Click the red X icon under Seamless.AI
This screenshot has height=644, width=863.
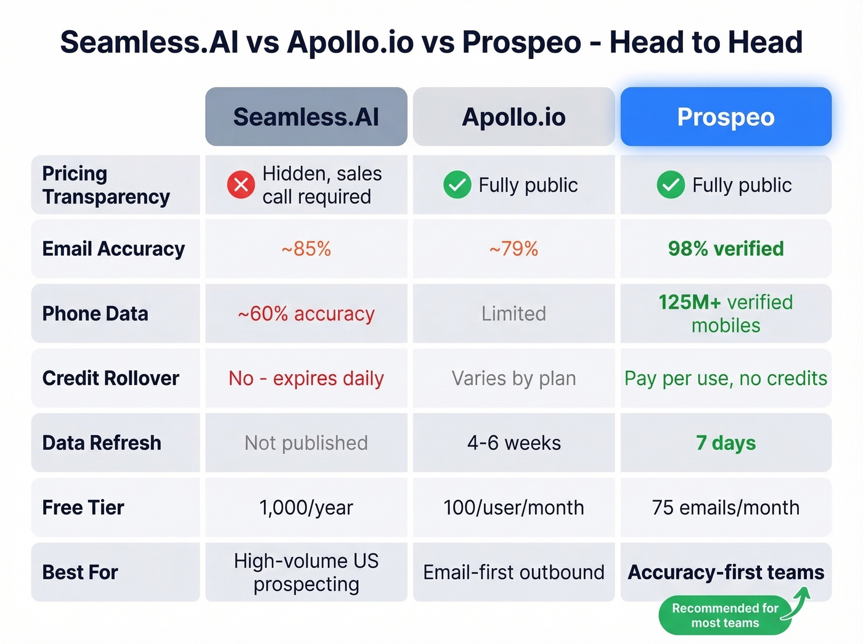click(241, 185)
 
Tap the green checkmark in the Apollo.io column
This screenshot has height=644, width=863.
click(457, 185)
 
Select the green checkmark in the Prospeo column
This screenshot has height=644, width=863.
click(671, 185)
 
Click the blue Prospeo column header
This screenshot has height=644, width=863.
click(726, 117)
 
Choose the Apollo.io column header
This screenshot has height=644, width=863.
click(513, 117)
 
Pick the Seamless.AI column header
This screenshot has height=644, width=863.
click(306, 117)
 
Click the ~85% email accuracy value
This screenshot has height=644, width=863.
click(306, 249)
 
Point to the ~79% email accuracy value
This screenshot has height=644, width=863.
click(513, 249)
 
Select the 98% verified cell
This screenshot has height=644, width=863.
click(726, 249)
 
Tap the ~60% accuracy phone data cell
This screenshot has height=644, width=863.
click(306, 314)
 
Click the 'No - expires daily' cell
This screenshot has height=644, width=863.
click(306, 378)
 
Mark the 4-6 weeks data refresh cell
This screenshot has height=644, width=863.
click(513, 443)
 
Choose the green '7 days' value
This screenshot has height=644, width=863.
click(726, 443)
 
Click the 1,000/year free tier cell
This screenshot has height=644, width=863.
click(306, 508)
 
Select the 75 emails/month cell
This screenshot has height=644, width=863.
click(726, 508)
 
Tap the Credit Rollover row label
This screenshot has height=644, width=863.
click(111, 378)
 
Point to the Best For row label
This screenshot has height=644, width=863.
click(80, 573)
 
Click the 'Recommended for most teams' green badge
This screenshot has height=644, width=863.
click(725, 616)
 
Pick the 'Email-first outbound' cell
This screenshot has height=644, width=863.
click(513, 573)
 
